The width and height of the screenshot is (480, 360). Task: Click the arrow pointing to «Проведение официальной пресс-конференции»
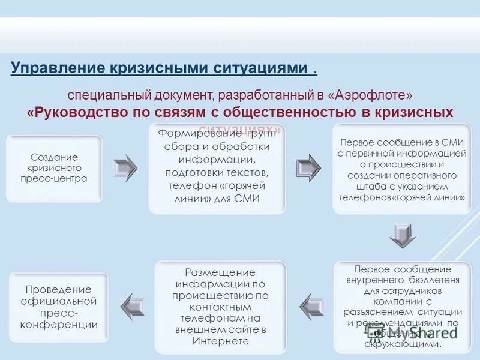pyautogui.click(x=133, y=307)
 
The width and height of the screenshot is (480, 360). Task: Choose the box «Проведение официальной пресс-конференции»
pyautogui.click(x=59, y=307)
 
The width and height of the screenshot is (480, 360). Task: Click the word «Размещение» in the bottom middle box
pyautogui.click(x=220, y=272)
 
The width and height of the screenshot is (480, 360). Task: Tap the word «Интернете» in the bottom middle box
pyautogui.click(x=220, y=341)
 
